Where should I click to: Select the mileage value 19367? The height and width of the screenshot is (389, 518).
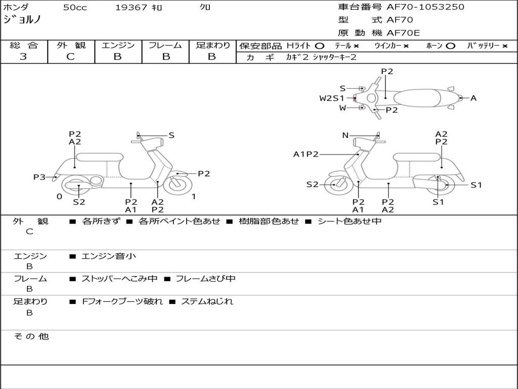click(x=131, y=8)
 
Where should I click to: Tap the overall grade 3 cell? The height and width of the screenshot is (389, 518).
click(x=23, y=57)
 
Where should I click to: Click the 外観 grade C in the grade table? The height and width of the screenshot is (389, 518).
click(x=70, y=57)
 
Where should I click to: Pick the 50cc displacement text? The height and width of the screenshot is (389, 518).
click(x=74, y=8)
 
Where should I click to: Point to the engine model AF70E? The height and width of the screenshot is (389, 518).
click(x=403, y=33)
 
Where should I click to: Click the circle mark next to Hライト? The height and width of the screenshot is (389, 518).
click(x=319, y=46)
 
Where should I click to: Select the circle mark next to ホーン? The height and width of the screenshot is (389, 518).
click(x=450, y=46)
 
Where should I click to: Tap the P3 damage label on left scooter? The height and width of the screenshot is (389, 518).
click(x=39, y=177)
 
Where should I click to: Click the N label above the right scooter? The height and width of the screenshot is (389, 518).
click(x=346, y=135)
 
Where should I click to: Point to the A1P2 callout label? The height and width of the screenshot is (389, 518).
click(x=306, y=154)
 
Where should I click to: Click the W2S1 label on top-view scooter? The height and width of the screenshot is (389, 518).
click(x=331, y=98)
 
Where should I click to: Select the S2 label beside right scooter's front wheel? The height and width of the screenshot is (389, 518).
click(x=312, y=184)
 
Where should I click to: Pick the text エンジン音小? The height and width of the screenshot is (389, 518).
click(x=109, y=256)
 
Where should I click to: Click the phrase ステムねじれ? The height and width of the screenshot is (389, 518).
click(x=207, y=301)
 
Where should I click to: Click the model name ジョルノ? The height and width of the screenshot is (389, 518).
click(x=22, y=20)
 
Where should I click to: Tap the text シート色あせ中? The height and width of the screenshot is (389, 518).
click(x=349, y=221)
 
